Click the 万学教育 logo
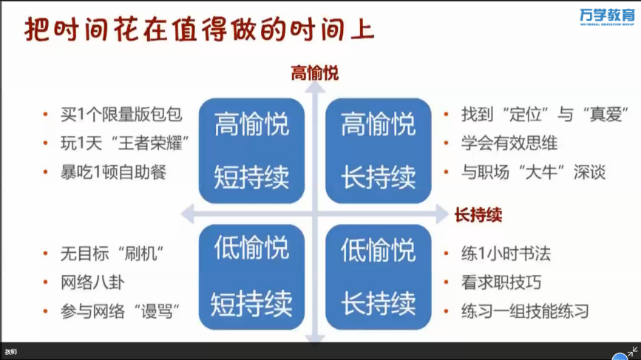pyautogui.click(x=607, y=17)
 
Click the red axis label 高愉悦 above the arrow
pyautogui.click(x=315, y=74)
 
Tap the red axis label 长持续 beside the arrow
pyautogui.click(x=478, y=215)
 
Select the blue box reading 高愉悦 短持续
pyautogui.click(x=252, y=151)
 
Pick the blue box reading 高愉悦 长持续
pyautogui.click(x=378, y=151)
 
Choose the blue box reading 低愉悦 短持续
pyautogui.click(x=252, y=277)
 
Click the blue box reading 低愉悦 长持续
pyautogui.click(x=378, y=277)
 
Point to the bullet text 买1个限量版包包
pyautogui.click(x=121, y=115)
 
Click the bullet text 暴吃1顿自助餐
pyautogui.click(x=113, y=172)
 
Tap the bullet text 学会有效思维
pyautogui.click(x=509, y=143)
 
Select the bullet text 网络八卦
pyautogui.click(x=92, y=282)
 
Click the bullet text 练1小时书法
pyautogui.click(x=506, y=254)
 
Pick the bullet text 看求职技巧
pyautogui.click(x=501, y=282)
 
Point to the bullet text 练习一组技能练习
pyautogui.click(x=525, y=311)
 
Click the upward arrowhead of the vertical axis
pyautogui.click(x=315, y=87)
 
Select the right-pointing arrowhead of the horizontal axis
pyautogui.click(x=443, y=214)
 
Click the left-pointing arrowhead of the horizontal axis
pyautogui.click(x=187, y=214)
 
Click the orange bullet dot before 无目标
pyautogui.click(x=45, y=254)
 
